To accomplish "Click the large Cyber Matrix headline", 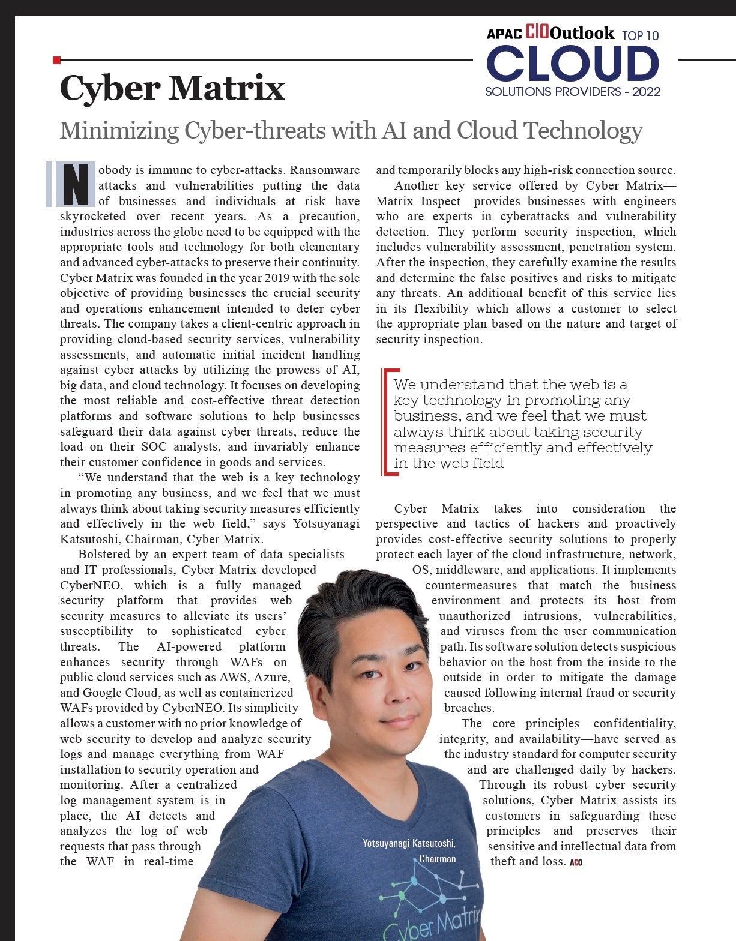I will tap(172, 89).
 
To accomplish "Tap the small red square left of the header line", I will tap(56, 60).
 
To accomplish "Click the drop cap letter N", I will tap(76, 184).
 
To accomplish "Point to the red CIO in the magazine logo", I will tap(537, 32).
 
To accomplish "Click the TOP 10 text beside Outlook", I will tap(640, 36).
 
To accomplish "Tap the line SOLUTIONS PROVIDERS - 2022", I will tap(572, 92).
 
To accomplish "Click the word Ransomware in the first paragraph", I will tap(325, 170).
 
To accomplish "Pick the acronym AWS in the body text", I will tap(235, 678).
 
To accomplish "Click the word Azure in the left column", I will tap(271, 678).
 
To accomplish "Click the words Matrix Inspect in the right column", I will tap(415, 201).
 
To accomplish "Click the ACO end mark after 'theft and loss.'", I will tap(576, 862).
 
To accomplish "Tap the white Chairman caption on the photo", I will tap(437, 859).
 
